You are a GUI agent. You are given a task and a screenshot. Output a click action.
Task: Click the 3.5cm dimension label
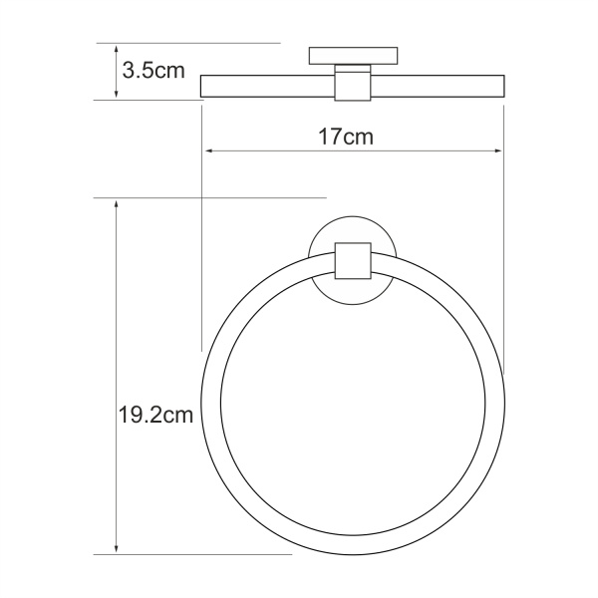coord(152,71)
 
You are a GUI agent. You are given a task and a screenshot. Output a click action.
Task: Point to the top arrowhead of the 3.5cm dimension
coord(118,48)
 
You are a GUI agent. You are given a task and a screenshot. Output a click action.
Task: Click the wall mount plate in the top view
coord(353,55)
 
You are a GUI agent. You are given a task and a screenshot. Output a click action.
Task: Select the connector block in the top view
coord(352,84)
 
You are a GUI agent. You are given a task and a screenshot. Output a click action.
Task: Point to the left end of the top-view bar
coord(203,87)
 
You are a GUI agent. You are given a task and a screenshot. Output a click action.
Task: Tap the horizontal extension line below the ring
coord(199,554)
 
